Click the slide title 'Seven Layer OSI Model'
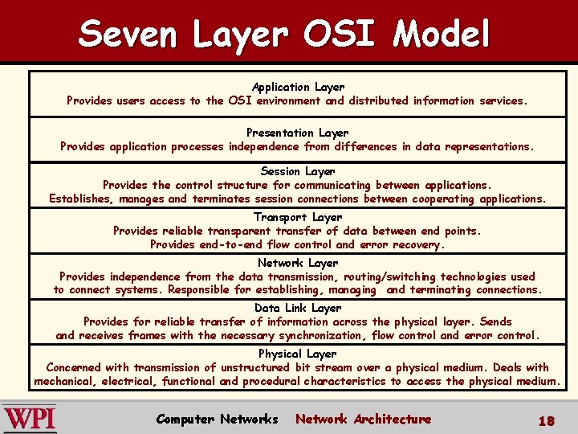coord(284,34)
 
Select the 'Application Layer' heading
coord(298,87)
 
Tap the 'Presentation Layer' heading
coord(297,133)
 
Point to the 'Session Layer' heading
coord(297,171)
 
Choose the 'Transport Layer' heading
coord(297,217)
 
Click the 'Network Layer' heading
coord(297,263)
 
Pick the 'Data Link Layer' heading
coord(297,308)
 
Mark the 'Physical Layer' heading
coord(297,354)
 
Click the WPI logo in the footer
coord(30,419)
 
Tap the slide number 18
coord(546,420)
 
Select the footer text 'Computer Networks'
coord(217,419)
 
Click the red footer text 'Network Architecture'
coord(363,419)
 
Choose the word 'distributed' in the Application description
coord(378,100)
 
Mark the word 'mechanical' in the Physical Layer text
coord(65,381)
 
